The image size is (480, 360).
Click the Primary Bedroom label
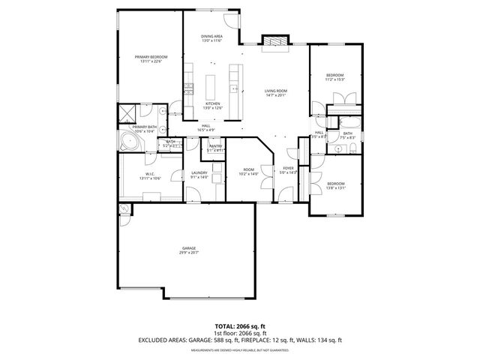151,57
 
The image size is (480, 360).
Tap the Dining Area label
212,37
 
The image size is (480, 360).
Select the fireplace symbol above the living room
274,43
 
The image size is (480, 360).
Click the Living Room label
275,91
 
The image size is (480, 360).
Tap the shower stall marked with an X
124,115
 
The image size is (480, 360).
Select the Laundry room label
199,173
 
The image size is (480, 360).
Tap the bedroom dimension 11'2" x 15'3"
335,80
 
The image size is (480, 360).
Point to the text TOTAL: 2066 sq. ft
239,327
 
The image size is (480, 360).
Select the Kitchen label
212,103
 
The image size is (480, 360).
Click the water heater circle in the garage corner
123,209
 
